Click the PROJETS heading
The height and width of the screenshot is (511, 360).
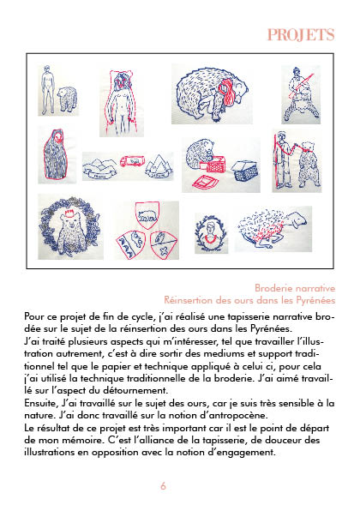click(301, 35)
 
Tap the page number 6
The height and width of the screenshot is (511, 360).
click(163, 486)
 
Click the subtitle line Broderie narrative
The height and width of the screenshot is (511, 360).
click(295, 288)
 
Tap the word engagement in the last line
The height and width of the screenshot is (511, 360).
click(249, 453)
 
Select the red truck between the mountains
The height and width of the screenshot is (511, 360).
click(132, 160)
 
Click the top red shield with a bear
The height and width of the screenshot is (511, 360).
click(147, 214)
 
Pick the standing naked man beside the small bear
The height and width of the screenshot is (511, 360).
click(48, 89)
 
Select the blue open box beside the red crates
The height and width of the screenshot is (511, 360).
click(246, 171)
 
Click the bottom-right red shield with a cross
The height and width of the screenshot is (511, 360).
click(165, 244)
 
